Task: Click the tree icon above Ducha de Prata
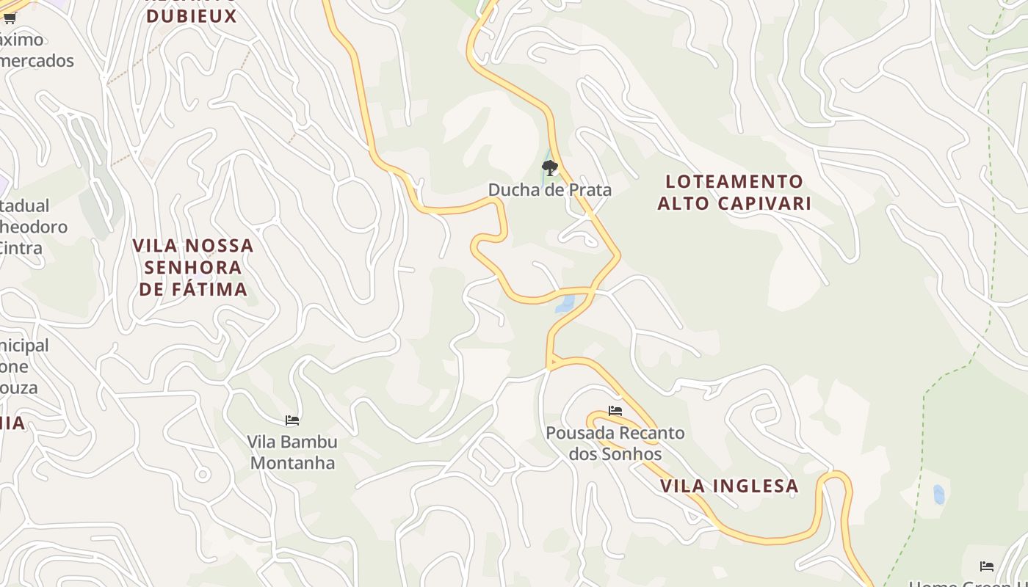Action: coord(549,168)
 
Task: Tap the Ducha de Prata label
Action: coord(549,190)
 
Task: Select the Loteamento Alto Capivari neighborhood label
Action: coord(734,192)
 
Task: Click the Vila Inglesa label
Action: coord(729,486)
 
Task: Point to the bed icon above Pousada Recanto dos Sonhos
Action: coord(615,411)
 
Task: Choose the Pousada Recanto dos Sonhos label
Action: coord(615,443)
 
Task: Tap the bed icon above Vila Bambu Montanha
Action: coord(292,420)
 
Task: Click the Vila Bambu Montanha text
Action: coord(292,452)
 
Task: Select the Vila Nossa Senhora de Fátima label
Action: coord(193,267)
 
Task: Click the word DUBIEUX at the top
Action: coord(192,15)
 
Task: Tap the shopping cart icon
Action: coord(10,18)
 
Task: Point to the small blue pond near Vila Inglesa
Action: coord(938,495)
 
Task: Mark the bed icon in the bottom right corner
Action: coord(987,566)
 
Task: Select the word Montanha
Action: coord(293,463)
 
